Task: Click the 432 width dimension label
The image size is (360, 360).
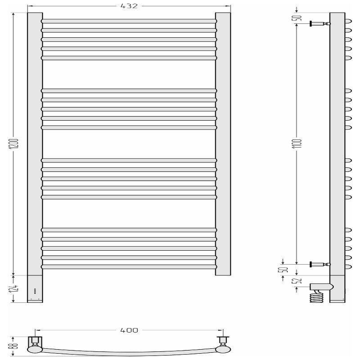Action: click(129, 6)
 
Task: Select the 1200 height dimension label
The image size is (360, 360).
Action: click(15, 144)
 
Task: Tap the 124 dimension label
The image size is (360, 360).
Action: click(15, 289)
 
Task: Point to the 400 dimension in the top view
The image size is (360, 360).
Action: click(129, 330)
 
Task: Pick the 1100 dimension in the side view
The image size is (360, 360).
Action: click(299, 143)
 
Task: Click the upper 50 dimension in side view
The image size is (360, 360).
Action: click(298, 18)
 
